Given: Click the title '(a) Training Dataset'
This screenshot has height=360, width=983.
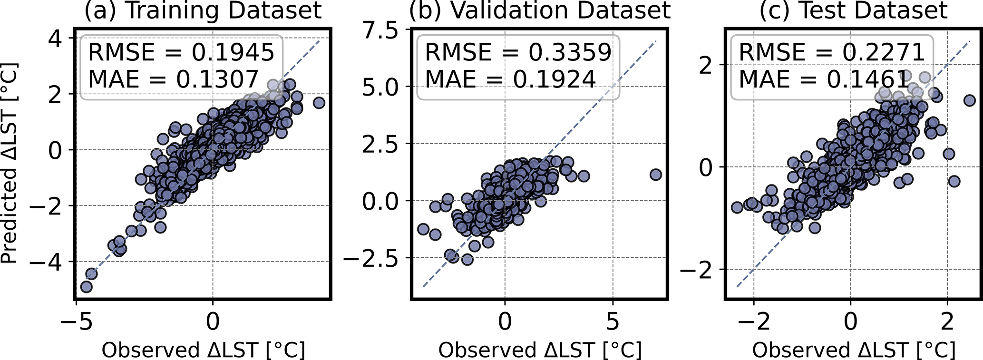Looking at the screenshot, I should click(204, 10).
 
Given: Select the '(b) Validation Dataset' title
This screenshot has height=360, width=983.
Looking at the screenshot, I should click(540, 10).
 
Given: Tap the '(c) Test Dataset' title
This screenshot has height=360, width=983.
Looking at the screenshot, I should click(854, 10).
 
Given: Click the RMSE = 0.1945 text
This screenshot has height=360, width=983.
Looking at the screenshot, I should click(182, 52).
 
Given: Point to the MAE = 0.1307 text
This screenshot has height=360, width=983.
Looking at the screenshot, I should click(174, 79).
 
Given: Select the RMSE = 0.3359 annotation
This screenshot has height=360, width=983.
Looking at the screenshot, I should click(518, 52).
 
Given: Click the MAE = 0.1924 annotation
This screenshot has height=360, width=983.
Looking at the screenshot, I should click(510, 79).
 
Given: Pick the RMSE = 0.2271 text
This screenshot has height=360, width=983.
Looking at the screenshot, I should click(832, 52).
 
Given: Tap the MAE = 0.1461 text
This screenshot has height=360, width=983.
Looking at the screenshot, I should click(824, 79).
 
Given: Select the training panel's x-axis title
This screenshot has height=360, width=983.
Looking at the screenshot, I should click(204, 350).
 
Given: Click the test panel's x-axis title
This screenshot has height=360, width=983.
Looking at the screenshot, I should click(854, 350).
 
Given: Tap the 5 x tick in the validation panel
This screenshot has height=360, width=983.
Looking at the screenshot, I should click(613, 322).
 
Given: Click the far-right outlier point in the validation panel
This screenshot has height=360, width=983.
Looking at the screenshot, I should click(656, 175).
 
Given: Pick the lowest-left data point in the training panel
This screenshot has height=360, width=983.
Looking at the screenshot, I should click(86, 287).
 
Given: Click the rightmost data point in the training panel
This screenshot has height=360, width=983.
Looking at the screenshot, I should click(319, 103).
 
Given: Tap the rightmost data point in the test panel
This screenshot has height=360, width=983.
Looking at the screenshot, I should click(969, 100).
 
